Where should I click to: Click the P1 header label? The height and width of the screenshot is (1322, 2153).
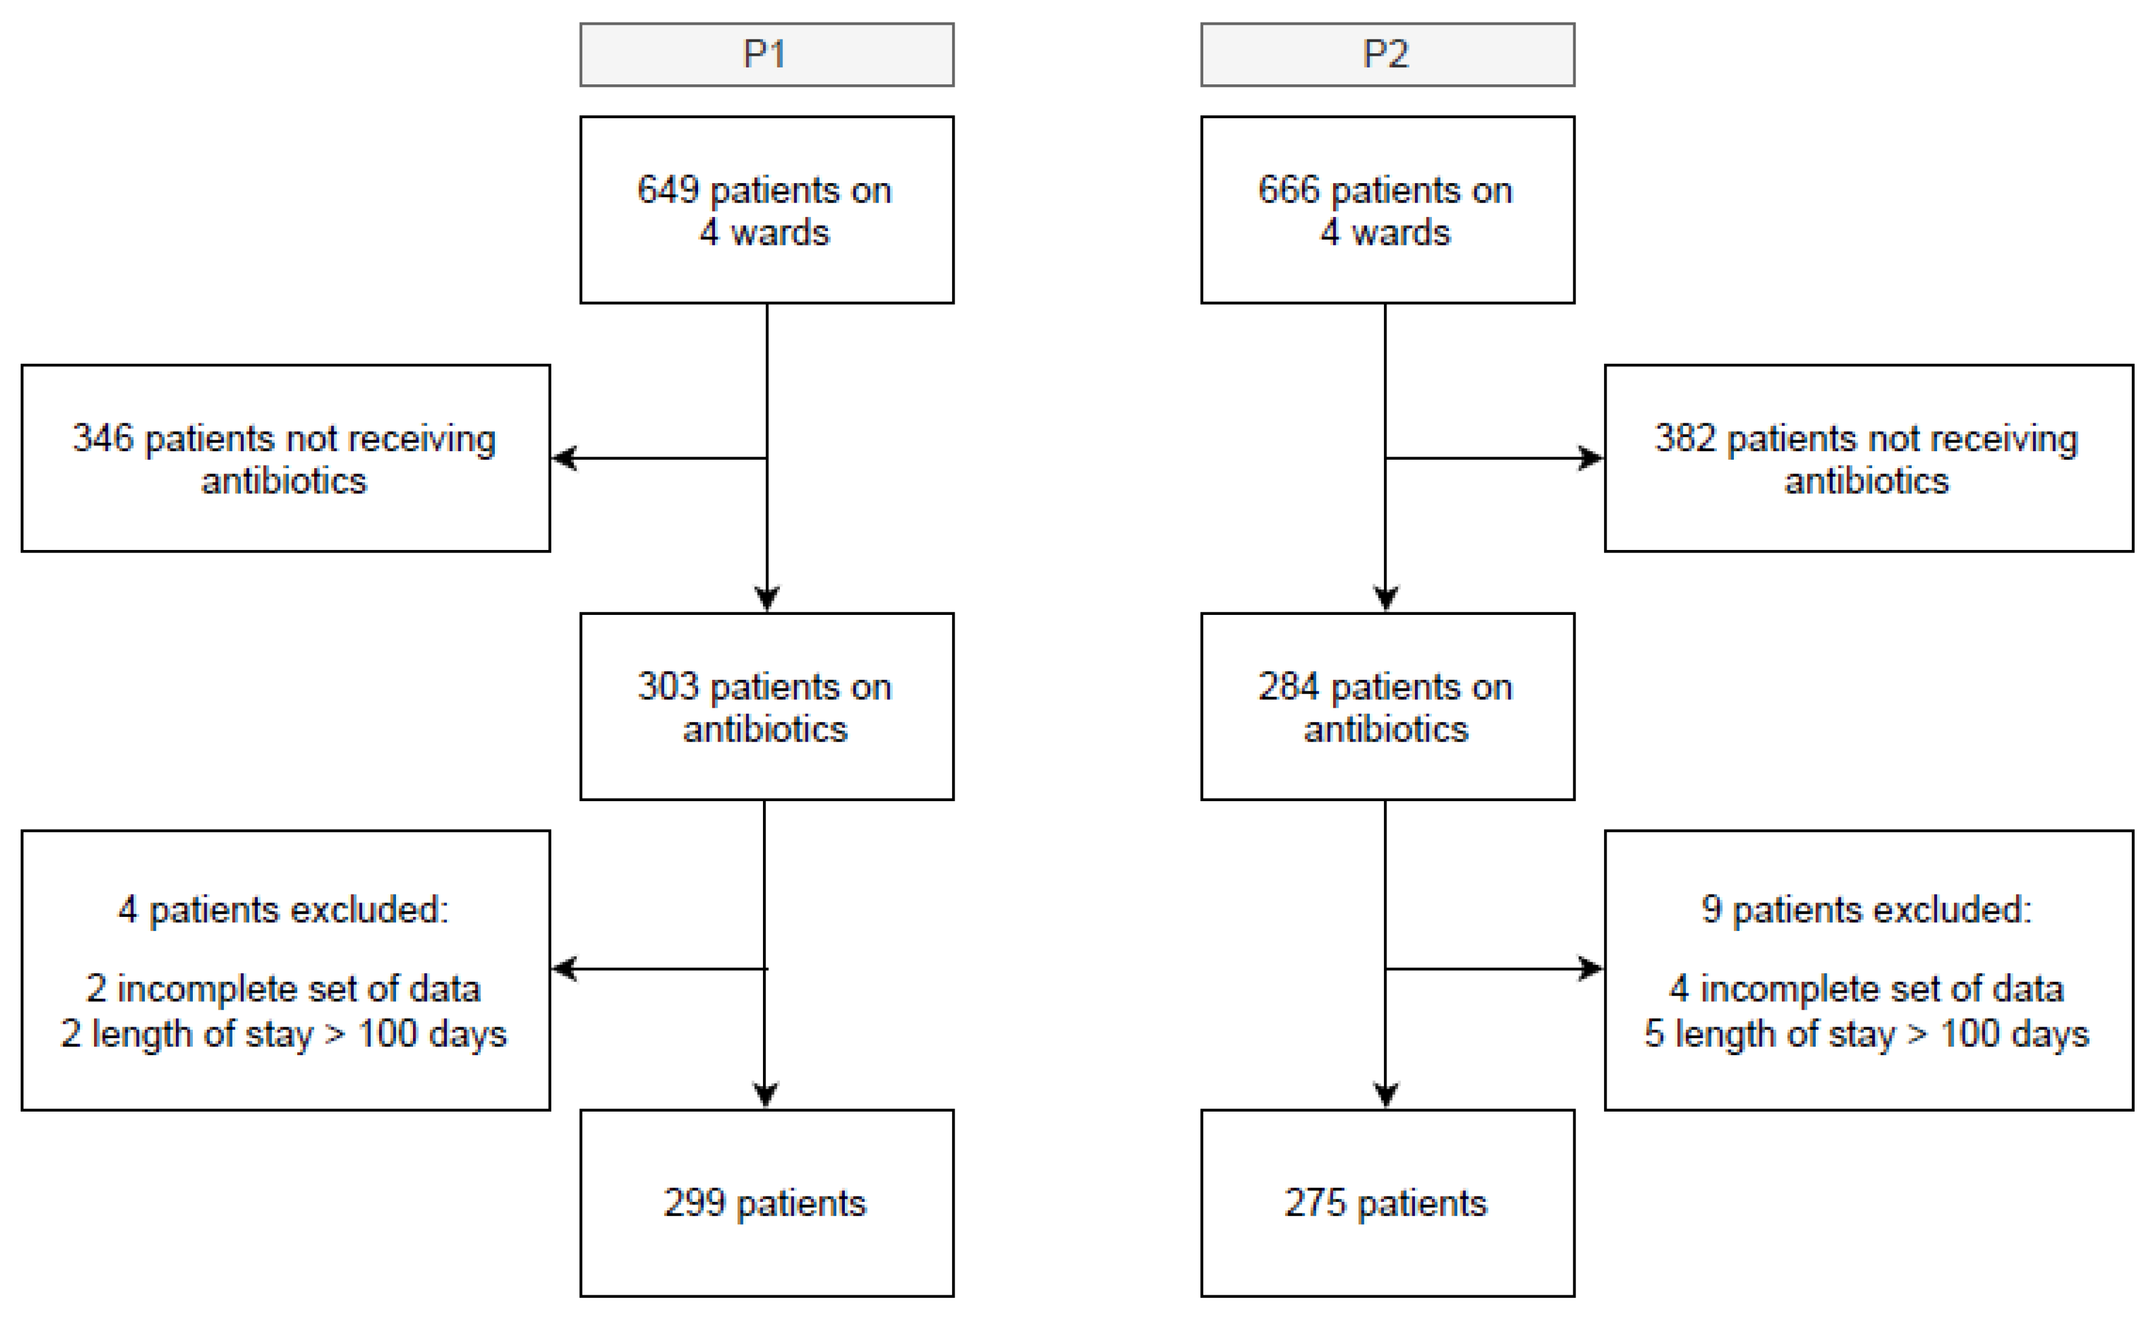[766, 54]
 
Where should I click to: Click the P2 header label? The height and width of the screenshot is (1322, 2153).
[1386, 54]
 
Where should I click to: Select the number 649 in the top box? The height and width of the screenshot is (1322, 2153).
[668, 190]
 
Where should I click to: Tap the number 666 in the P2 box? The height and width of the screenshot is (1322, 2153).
[1289, 190]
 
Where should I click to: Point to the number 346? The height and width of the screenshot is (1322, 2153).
[102, 438]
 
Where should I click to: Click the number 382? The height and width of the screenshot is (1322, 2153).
[1685, 438]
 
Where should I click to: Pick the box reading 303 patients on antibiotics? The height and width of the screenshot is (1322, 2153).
[766, 706]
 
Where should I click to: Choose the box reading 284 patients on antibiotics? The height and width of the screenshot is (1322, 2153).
[1386, 706]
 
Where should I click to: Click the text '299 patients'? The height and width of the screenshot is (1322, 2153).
[765, 1203]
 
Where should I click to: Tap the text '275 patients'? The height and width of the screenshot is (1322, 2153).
[1386, 1203]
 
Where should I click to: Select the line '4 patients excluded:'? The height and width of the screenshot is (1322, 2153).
[284, 910]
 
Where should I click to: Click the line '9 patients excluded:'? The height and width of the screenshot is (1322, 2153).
[1867, 910]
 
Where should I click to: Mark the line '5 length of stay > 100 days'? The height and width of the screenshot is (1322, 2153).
[1867, 1035]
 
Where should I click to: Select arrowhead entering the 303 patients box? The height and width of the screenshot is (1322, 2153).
[767, 599]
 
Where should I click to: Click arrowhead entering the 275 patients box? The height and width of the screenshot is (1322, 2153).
[1386, 1095]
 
